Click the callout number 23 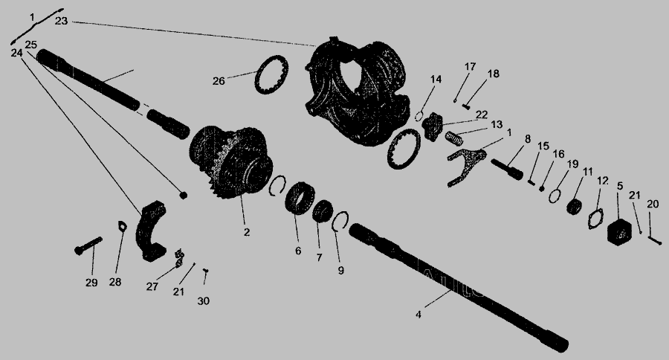point(61,21)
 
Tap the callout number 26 point(219,81)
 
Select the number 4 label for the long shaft point(418,315)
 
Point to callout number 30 point(203,301)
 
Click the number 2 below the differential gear point(247,232)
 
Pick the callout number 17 point(470,67)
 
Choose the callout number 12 point(602,181)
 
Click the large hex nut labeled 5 point(619,232)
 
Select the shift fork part point(465,164)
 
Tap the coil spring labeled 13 point(454,138)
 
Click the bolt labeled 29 point(88,245)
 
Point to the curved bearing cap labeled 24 point(151,231)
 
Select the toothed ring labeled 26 point(271,74)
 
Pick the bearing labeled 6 point(300,198)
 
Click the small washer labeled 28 point(123,226)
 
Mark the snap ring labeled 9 point(340,221)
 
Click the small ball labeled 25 point(183,195)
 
